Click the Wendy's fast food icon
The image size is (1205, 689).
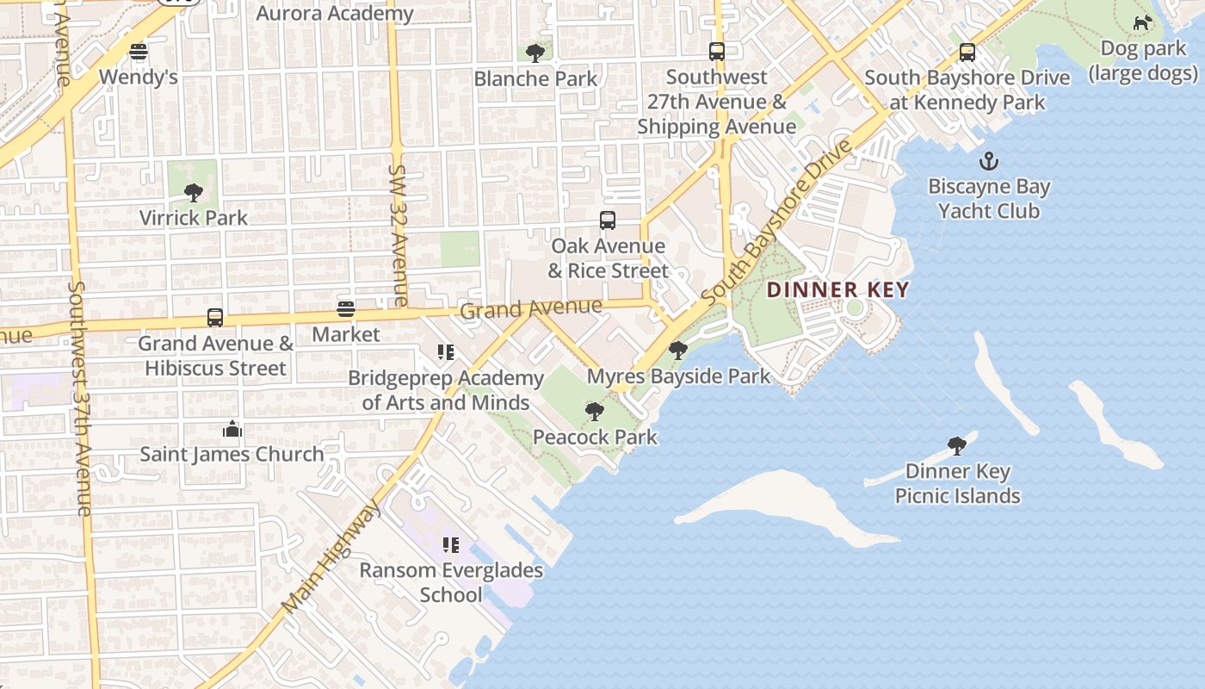(x=139, y=52)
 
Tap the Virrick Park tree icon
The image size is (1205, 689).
(x=194, y=192)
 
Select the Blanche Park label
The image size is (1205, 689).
(x=535, y=78)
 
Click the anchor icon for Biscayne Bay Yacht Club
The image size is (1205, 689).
(x=989, y=161)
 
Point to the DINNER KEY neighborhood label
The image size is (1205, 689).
(x=837, y=289)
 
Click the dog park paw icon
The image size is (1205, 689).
(x=1142, y=23)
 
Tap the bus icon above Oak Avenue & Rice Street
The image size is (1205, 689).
(x=608, y=220)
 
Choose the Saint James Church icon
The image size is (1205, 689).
(x=232, y=429)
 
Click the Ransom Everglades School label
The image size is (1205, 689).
(x=451, y=582)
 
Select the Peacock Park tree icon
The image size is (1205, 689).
(x=594, y=412)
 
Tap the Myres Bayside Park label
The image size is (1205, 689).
(x=678, y=376)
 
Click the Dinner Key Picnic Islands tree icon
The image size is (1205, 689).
(x=956, y=445)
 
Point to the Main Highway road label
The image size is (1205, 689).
(x=332, y=556)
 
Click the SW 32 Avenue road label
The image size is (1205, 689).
(x=399, y=236)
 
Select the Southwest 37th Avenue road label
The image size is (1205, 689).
(x=80, y=398)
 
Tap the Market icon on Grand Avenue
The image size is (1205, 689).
(x=346, y=309)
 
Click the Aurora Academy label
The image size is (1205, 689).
(x=335, y=13)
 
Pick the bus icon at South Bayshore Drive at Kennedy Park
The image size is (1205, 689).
(x=967, y=53)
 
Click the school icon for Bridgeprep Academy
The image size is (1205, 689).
(x=446, y=351)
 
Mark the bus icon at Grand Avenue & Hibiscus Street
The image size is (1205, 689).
(x=215, y=318)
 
